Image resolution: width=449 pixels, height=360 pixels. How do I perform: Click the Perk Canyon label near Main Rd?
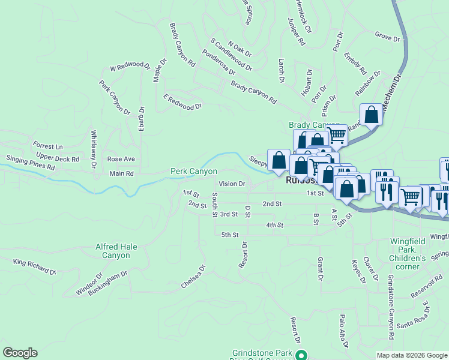[x=193, y=172]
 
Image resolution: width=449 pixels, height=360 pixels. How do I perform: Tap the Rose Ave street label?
[x=121, y=159]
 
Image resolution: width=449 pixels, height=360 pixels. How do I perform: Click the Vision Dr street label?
[x=232, y=184]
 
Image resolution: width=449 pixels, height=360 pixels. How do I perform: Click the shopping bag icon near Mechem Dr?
[x=372, y=114]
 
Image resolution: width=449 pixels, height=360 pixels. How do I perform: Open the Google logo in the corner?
[x=20, y=353]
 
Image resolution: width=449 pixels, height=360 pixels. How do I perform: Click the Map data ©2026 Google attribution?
[x=412, y=355]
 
